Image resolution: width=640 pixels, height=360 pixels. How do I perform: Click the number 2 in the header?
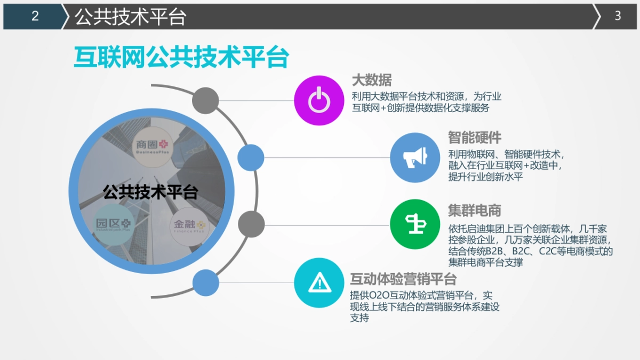[x=35, y=17]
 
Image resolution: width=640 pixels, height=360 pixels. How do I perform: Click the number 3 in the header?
[x=618, y=17]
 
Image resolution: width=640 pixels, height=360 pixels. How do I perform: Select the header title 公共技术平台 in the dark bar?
[x=130, y=17]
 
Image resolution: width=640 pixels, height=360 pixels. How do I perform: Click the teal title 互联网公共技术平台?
[x=181, y=58]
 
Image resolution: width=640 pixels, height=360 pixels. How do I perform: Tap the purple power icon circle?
[x=318, y=100]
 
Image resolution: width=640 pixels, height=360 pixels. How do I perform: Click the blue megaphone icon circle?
[x=414, y=157]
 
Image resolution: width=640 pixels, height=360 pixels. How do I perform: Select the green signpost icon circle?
[x=414, y=224]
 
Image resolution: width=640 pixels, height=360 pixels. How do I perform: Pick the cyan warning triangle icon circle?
[x=318, y=283]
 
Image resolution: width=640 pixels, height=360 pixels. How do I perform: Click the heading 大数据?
[x=372, y=81]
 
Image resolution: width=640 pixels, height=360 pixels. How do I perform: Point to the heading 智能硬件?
[x=475, y=138]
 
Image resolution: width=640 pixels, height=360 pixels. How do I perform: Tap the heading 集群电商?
[x=475, y=211]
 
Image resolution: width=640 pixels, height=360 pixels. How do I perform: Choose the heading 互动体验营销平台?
[x=403, y=279]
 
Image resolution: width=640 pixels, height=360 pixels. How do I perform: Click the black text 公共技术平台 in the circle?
[x=150, y=193]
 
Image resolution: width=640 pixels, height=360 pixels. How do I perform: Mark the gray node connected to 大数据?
[x=205, y=100]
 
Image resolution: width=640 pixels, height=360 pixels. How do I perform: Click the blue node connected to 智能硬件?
[x=251, y=157]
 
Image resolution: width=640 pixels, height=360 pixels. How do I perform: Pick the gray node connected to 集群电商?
[x=251, y=224]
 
